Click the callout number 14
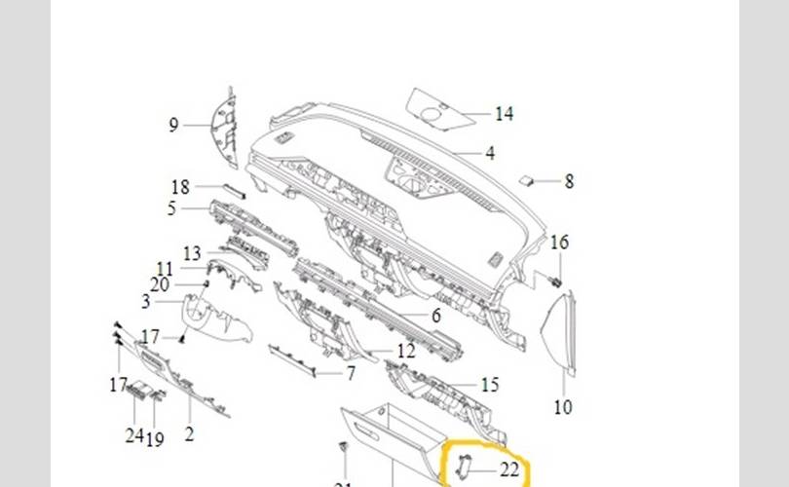(x=504, y=114)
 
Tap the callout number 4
(x=490, y=153)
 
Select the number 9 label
(x=173, y=125)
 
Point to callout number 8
(x=569, y=181)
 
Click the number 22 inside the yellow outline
(x=508, y=469)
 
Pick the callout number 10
(x=562, y=407)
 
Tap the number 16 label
(x=559, y=243)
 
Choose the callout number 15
(x=490, y=386)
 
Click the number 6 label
(x=435, y=316)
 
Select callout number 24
(x=133, y=434)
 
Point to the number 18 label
(x=180, y=187)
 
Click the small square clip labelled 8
(x=525, y=180)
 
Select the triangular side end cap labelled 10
(x=559, y=335)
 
